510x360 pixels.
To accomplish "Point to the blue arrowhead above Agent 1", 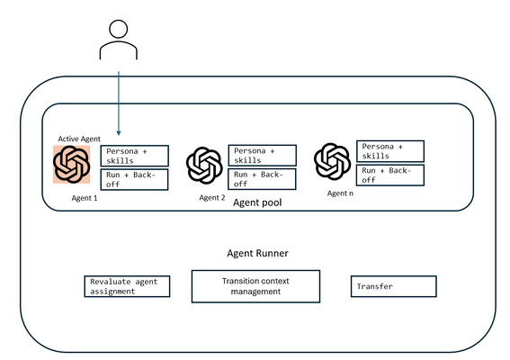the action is point(119,133).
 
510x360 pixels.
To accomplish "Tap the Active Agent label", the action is point(79,139).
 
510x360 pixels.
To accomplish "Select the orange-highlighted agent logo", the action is point(72,165).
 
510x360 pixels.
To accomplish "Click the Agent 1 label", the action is point(85,198).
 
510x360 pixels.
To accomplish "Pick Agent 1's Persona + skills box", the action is point(135,156).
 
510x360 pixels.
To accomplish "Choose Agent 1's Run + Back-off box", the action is point(134,179).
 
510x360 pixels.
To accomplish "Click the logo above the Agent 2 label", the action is point(204,166).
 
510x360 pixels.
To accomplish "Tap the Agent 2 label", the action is point(212,198).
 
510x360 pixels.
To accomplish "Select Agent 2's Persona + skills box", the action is point(262,156).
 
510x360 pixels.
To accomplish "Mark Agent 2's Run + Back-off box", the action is point(262,179).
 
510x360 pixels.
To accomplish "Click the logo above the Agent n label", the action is point(333,161).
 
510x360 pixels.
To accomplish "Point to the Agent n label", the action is point(340,193).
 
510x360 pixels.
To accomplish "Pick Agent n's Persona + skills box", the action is point(390,151).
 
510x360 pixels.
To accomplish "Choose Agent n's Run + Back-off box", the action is point(390,175).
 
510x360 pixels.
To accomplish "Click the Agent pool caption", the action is point(257,202).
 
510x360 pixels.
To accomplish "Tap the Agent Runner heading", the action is point(257,253).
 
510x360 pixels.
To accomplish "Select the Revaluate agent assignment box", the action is point(127,286).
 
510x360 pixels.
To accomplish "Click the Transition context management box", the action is point(255,286).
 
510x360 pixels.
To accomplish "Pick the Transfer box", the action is point(394,286).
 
